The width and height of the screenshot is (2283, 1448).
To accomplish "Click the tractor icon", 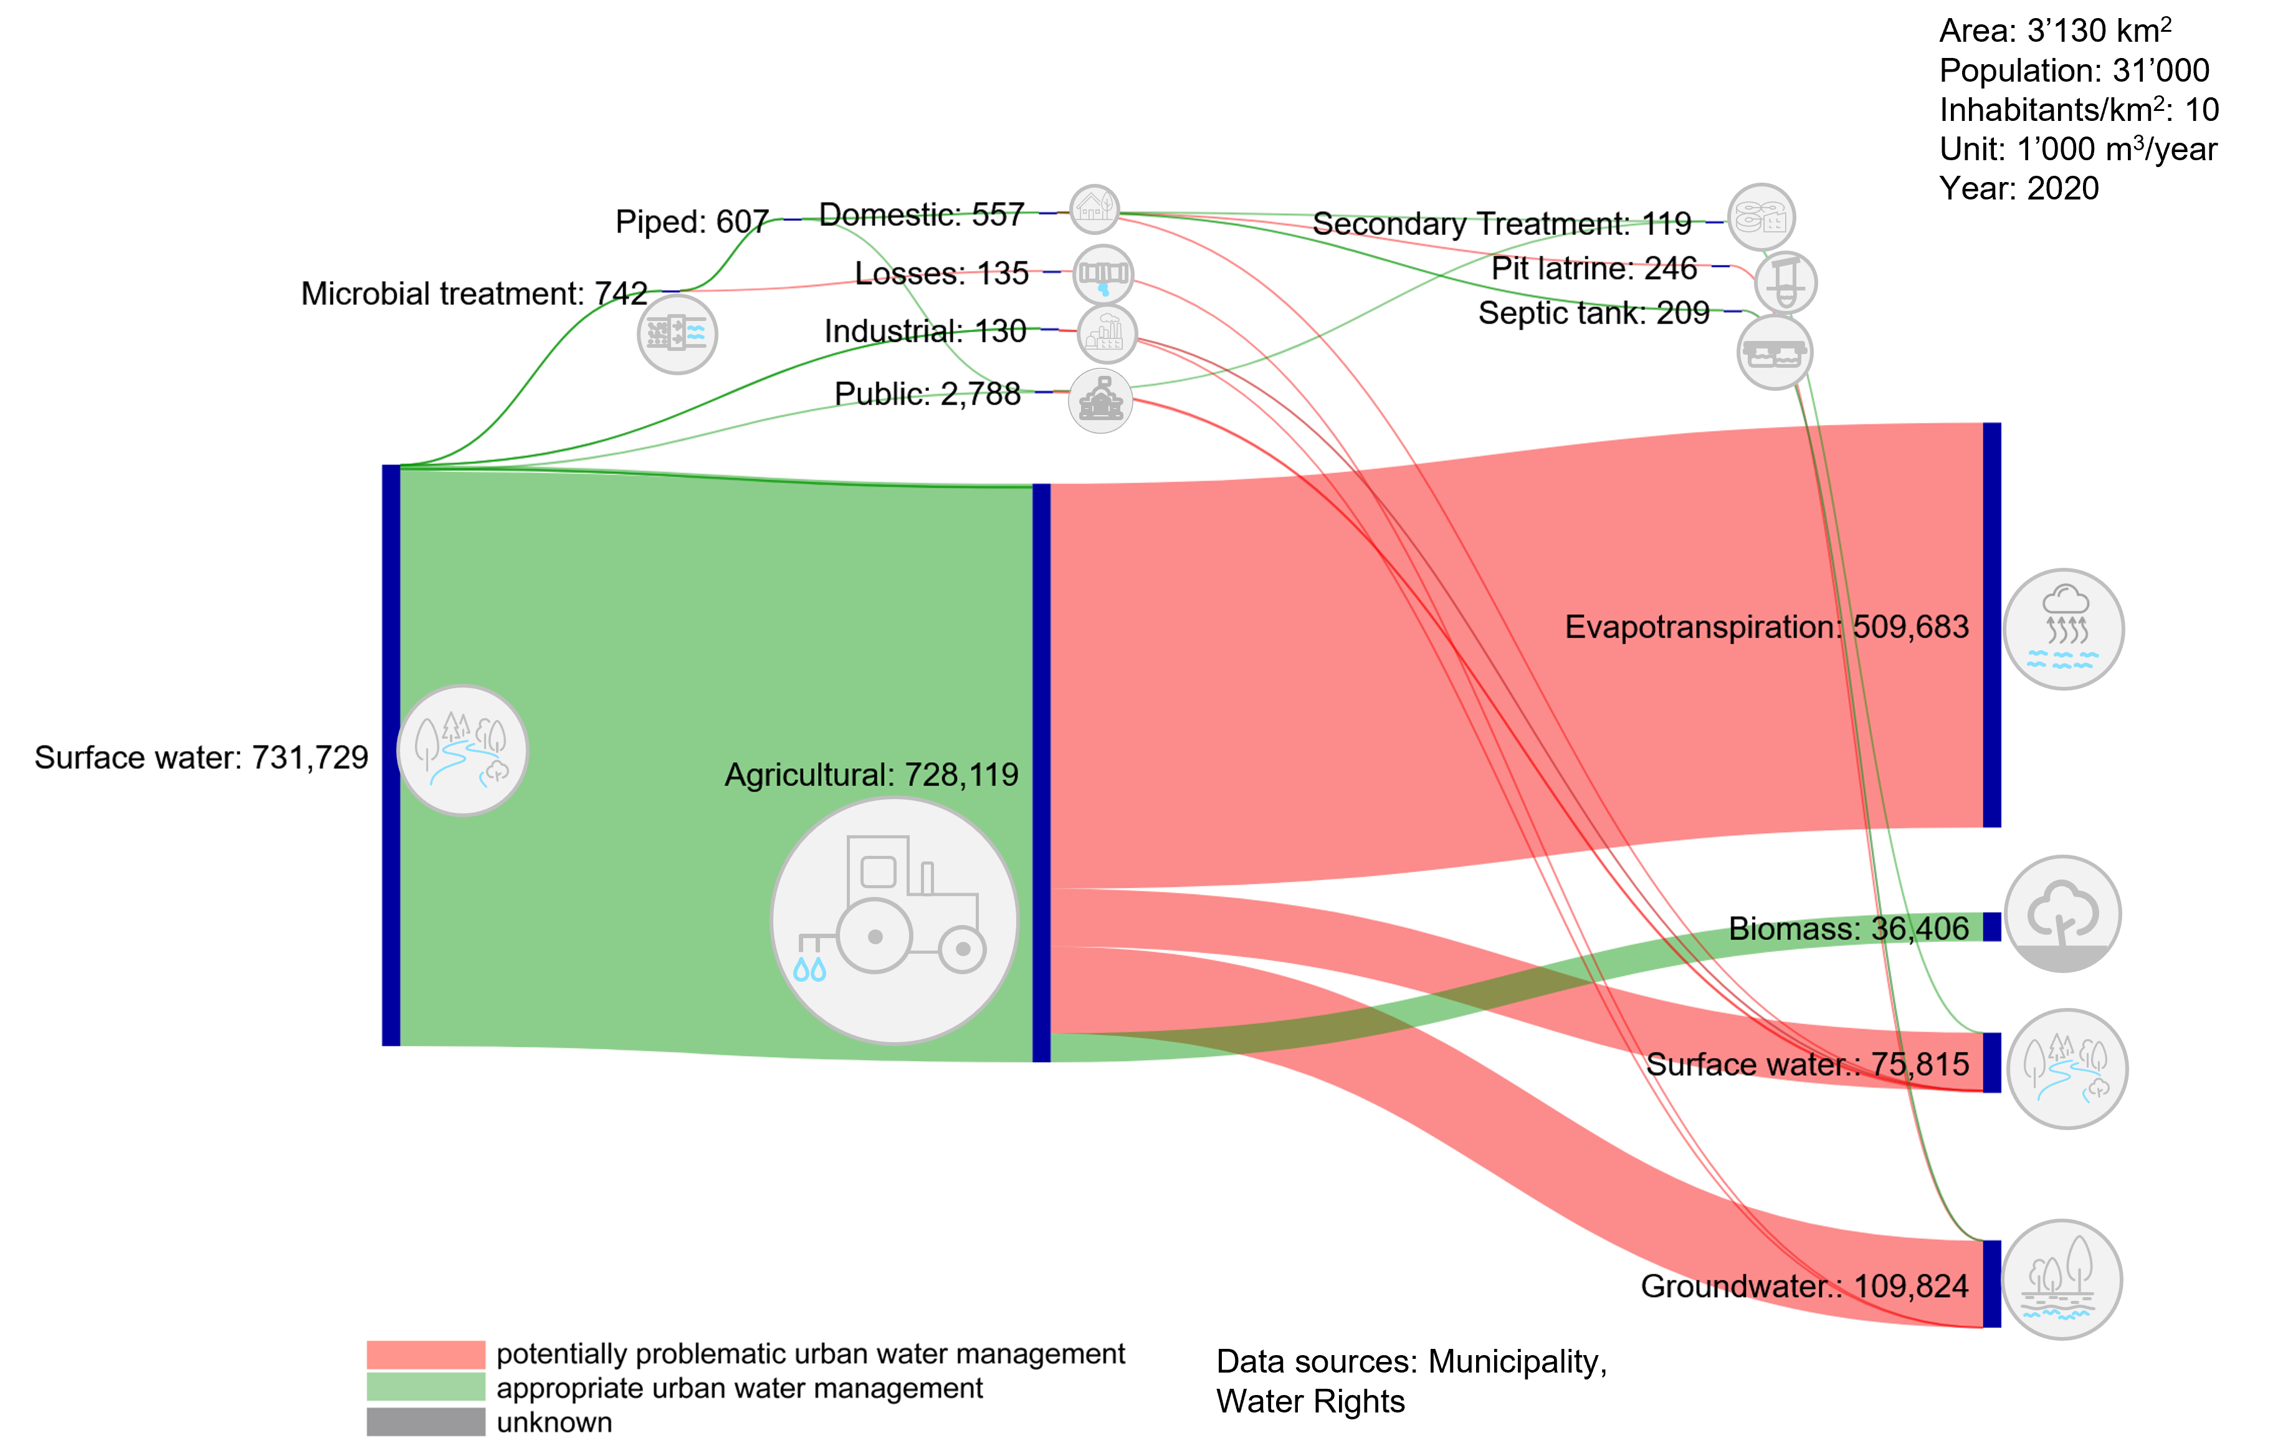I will coord(894,920).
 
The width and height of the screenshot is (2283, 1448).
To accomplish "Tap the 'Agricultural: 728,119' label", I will coord(870,775).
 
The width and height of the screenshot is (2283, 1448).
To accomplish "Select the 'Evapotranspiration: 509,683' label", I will coord(1766,627).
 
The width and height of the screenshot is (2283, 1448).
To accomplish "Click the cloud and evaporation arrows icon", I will coord(2063,629).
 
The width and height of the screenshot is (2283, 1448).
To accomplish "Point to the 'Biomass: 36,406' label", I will coord(1849,928).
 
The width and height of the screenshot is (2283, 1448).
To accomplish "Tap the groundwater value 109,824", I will coord(1910,1287).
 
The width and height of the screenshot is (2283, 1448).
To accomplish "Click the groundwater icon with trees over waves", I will coord(2061,1279).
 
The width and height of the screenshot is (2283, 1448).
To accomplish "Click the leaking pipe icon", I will coord(1103,275).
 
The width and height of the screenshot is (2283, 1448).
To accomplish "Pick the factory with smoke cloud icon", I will coord(1107,333).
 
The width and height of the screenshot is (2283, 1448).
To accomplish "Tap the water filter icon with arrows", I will coord(677,333).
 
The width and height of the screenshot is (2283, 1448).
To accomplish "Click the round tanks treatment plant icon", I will coord(1761,217).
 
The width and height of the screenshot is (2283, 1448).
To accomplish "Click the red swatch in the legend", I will coord(426,1354).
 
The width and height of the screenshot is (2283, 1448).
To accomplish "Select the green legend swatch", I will coord(426,1388).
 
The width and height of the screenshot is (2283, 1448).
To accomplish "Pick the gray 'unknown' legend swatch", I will coord(426,1421).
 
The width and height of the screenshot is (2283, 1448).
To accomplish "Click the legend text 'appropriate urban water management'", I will coord(740,1388).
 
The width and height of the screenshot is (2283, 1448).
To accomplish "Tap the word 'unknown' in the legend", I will coord(555,1422).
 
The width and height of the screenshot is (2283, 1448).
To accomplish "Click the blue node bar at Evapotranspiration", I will coord(1992,625).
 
